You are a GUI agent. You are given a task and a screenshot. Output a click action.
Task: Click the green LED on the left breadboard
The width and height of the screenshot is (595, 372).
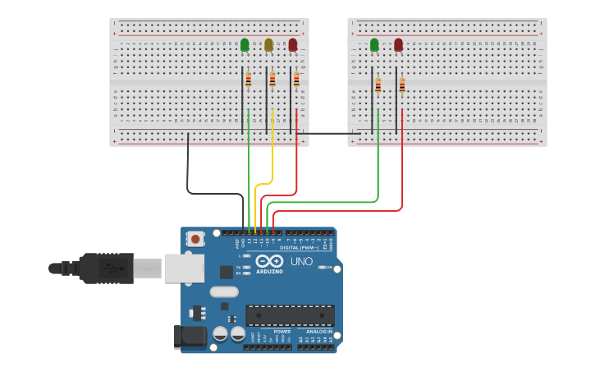pos(245,45)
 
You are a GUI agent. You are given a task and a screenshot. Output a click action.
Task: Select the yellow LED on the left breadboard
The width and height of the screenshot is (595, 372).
pos(268,45)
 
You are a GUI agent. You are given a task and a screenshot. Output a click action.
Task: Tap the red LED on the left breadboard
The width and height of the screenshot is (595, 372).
pos(293,45)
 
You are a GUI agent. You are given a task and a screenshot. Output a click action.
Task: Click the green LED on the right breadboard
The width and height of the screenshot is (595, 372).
pos(374,45)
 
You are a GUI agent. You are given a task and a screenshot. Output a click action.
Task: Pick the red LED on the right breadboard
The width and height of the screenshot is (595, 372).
pos(399,45)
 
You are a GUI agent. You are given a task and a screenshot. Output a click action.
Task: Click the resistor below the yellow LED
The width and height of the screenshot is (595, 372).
pos(272,80)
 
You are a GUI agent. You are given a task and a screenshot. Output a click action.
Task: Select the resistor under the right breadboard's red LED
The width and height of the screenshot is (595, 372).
pos(402,85)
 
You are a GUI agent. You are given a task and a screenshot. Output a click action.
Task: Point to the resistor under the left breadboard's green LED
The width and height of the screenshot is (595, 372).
pos(248,80)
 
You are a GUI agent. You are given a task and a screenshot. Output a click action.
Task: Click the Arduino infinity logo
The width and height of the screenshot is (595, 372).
pos(270,262)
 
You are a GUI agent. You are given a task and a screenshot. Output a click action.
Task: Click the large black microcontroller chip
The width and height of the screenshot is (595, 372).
pos(290,315)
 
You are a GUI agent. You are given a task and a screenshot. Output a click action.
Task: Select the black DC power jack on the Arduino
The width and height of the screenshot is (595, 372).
pos(188,338)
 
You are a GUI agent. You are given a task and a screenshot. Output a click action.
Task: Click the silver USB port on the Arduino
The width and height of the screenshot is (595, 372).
pos(185,268)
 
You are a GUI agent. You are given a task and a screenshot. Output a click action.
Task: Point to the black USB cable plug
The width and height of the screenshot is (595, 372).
pos(103,268)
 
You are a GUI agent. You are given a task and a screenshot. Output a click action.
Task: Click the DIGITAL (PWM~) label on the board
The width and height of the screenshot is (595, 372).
pos(298,247)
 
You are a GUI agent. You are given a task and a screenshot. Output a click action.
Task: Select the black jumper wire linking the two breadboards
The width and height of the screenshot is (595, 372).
pos(328,133)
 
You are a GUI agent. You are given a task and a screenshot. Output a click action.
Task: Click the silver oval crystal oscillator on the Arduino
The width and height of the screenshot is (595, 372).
pos(223,292)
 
